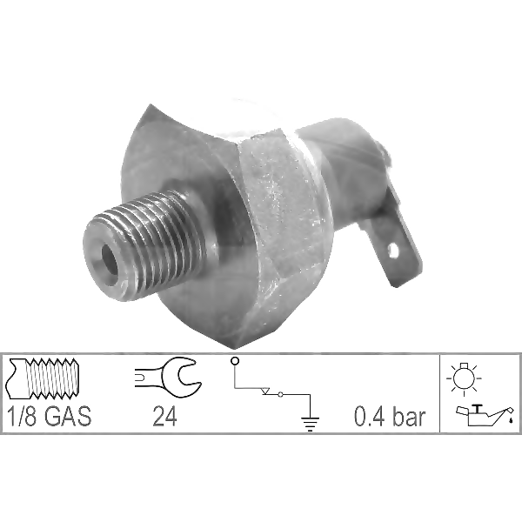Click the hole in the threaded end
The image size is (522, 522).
point(110,260)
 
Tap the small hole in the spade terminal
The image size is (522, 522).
point(393,250)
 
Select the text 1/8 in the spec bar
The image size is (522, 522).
point(22,416)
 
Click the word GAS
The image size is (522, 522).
point(68,416)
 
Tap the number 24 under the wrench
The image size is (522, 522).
point(164,417)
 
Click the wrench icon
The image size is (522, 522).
point(167,378)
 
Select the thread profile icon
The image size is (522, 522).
point(43,378)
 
